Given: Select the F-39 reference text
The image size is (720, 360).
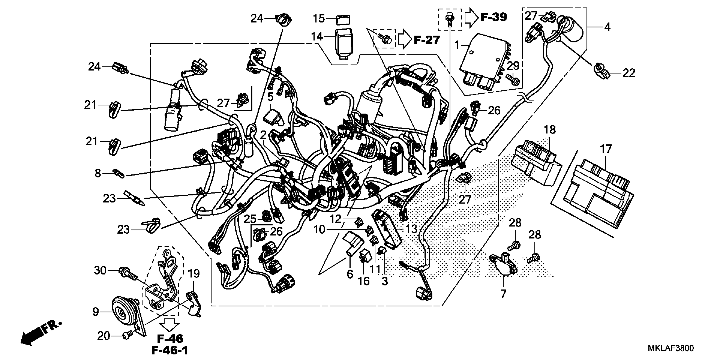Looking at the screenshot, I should click(x=494, y=17).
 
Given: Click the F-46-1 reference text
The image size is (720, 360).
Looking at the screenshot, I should click(x=170, y=350).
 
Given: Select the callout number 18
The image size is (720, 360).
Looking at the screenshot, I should click(x=550, y=130).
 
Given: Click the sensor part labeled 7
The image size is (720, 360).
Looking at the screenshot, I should click(x=503, y=265).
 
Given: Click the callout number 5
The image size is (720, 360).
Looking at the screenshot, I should click(x=270, y=97).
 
